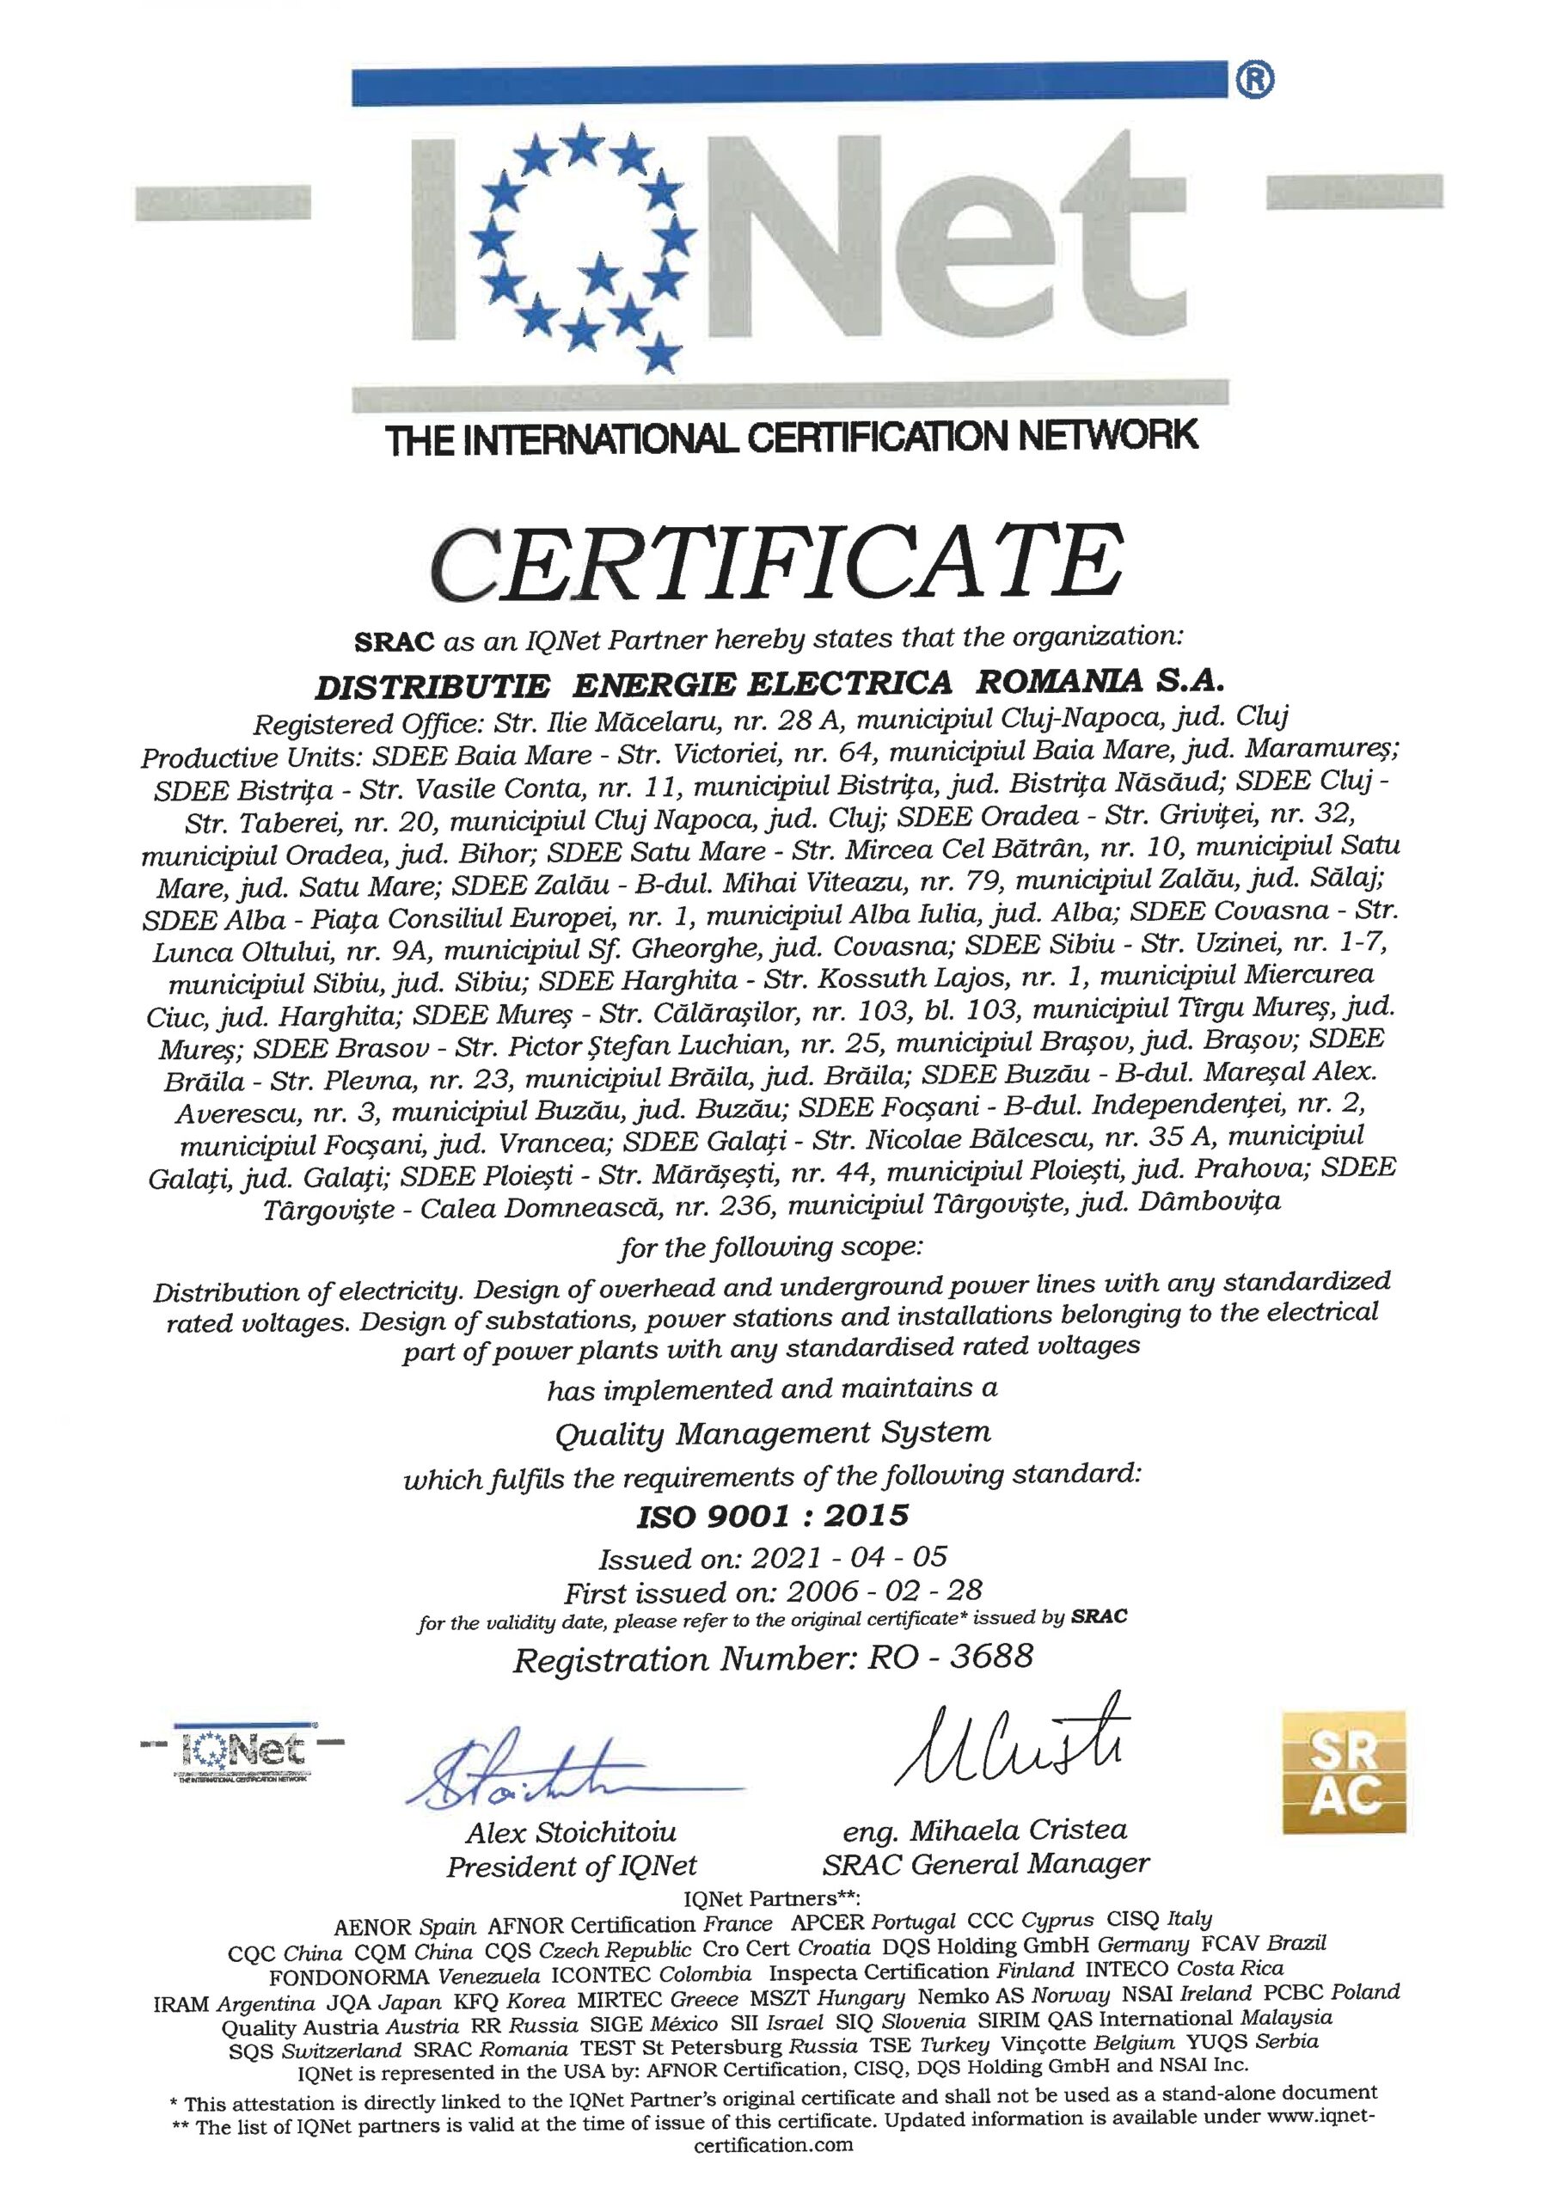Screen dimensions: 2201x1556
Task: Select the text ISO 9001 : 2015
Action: [x=773, y=1516]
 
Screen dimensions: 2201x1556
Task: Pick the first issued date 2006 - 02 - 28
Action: [x=883, y=1591]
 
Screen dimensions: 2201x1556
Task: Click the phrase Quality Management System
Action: [x=773, y=1433]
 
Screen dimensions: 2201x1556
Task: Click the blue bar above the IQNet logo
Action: [x=791, y=87]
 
